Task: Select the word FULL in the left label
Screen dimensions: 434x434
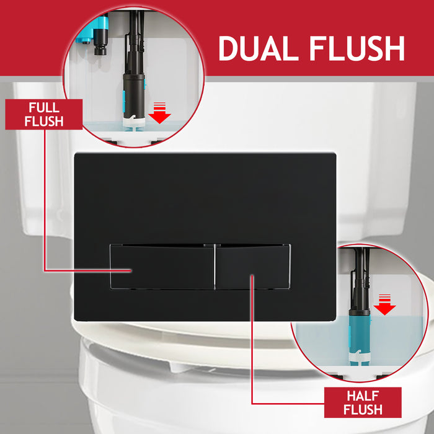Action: coord(43,108)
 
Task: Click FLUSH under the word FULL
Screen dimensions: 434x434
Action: coord(43,121)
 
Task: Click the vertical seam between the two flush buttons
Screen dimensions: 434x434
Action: coord(215,267)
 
